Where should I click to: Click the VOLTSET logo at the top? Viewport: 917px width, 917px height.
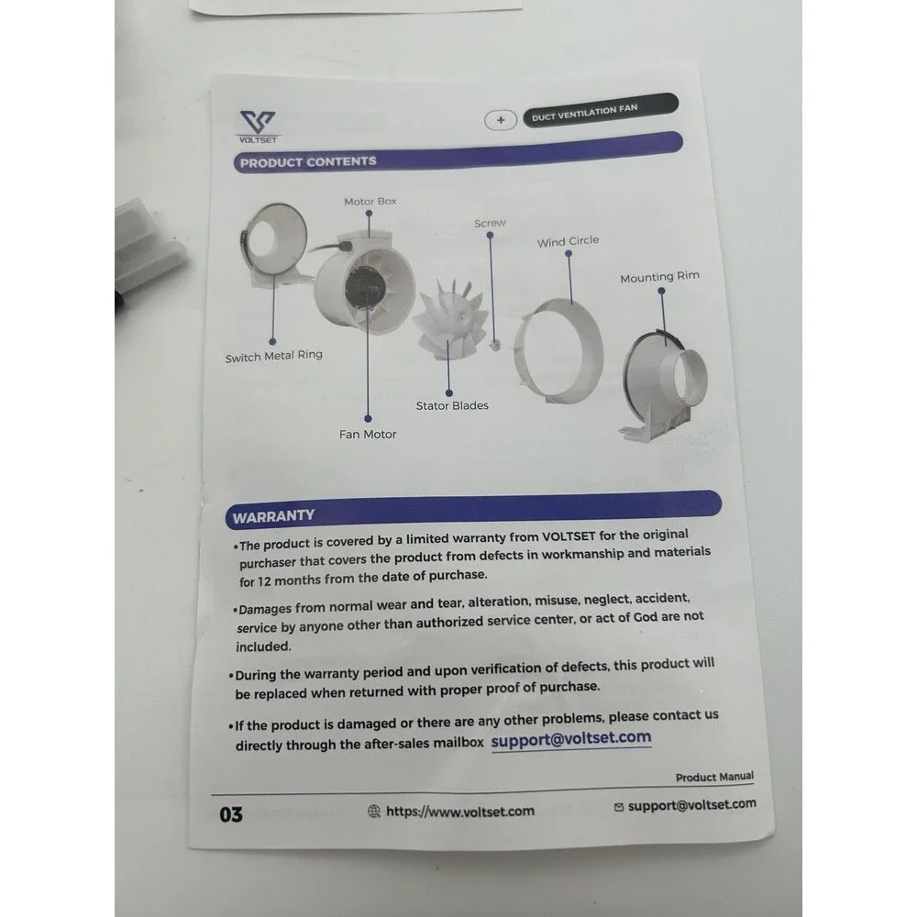[258, 127]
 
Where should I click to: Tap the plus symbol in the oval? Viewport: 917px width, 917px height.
[501, 120]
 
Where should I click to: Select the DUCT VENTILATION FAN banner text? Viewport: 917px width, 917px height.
[584, 112]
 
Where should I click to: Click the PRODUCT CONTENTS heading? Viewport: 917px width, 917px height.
[308, 162]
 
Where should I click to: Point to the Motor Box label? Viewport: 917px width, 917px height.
[370, 201]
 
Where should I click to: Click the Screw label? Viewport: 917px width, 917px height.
[490, 223]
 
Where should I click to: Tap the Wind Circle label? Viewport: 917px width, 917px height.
[568, 241]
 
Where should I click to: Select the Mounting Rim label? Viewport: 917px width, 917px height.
[659, 277]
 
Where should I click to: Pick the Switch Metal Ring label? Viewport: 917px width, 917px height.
[273, 356]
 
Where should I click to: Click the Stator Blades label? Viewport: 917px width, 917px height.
[452, 405]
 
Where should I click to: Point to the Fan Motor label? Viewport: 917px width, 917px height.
[368, 434]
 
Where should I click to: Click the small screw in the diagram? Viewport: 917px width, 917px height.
[495, 345]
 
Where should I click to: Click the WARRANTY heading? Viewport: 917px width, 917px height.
[273, 516]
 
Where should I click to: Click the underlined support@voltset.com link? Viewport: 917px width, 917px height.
[570, 738]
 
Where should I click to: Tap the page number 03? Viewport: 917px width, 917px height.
[231, 814]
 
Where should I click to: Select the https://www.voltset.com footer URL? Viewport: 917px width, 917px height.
[459, 812]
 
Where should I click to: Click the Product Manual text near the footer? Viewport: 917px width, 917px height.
[714, 777]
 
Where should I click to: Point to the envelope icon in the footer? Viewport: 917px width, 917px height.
[619, 808]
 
